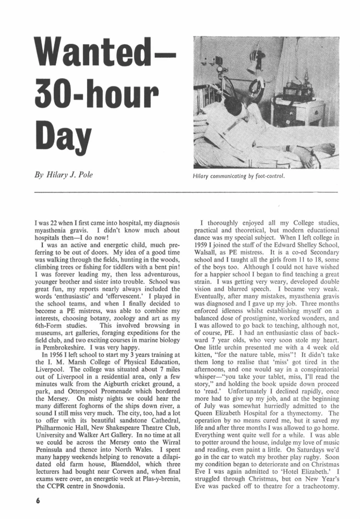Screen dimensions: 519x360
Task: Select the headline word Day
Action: tap(60, 133)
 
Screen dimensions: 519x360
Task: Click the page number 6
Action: tap(38, 498)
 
